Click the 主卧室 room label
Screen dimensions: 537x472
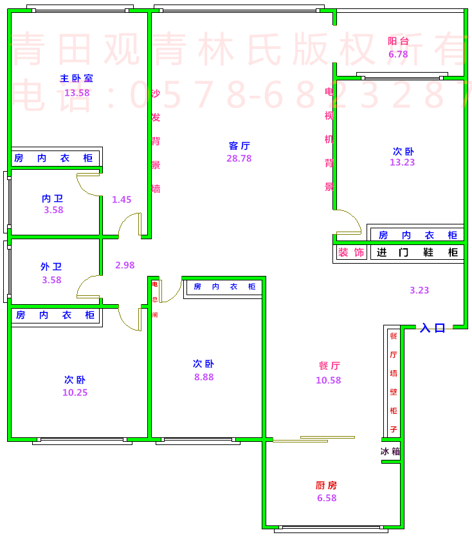[x=77, y=78]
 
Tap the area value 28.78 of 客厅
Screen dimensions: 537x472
[x=239, y=158]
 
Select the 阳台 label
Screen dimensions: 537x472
[x=398, y=42]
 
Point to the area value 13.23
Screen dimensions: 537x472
[x=403, y=163]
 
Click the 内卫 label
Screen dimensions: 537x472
[x=53, y=199]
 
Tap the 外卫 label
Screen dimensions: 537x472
[x=51, y=266]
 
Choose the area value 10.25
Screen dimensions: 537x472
[x=75, y=393]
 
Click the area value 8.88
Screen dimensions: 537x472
[x=204, y=378]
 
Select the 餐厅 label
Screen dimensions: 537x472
[x=329, y=366]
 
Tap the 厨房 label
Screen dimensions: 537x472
[x=326, y=486]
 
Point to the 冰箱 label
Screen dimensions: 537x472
[x=390, y=452]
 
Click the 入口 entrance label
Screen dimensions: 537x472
[x=433, y=328]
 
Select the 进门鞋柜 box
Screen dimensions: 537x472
[x=417, y=253]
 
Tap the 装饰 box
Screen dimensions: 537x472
[x=351, y=253]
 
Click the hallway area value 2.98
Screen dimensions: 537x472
[x=125, y=265]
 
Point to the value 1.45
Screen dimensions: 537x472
[x=122, y=200]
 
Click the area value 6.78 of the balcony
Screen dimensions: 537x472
[x=398, y=55]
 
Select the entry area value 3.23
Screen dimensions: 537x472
[x=419, y=291]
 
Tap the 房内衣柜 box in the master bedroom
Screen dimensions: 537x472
[x=54, y=158]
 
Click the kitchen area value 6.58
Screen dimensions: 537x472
[x=326, y=498]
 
